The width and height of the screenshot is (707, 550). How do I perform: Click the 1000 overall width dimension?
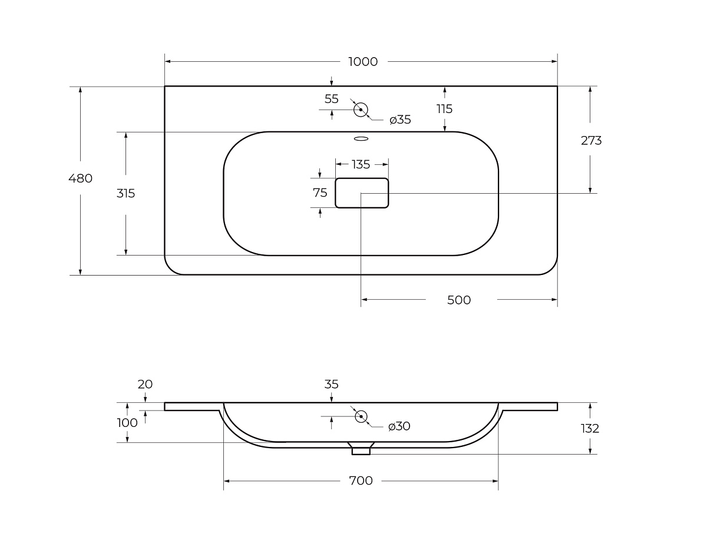click(363, 62)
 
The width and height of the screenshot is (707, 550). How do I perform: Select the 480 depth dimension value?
click(81, 178)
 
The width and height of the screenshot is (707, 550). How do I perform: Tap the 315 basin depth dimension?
click(125, 193)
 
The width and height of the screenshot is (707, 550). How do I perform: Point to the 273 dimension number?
click(591, 140)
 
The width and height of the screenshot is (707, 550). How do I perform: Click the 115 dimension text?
click(444, 108)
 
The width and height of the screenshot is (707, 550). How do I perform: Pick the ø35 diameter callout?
click(400, 120)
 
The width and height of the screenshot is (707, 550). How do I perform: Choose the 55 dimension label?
click(332, 99)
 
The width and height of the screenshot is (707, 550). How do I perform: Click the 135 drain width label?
click(361, 164)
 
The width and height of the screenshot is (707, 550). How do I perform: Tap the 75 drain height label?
click(320, 193)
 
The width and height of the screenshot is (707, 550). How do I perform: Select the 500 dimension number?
click(459, 300)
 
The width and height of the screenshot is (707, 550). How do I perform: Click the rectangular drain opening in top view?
click(362, 193)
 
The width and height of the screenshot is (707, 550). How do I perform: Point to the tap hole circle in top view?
click(361, 110)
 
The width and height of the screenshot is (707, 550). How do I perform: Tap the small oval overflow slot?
click(361, 139)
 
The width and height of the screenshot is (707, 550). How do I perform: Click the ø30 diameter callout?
click(399, 426)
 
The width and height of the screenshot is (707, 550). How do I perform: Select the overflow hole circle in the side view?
click(361, 416)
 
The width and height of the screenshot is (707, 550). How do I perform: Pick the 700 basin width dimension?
click(361, 481)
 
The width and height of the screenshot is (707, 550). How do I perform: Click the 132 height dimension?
click(590, 428)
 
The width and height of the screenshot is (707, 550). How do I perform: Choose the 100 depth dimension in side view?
click(127, 422)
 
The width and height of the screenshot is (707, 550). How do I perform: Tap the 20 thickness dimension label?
click(145, 384)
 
